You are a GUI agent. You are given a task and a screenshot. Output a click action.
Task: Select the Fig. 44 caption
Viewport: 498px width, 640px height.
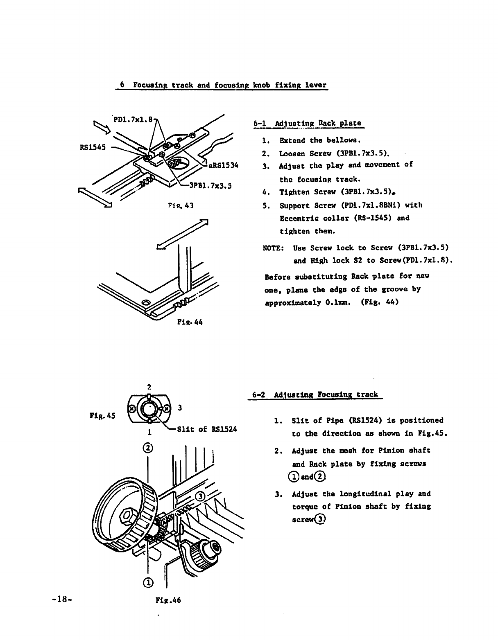pos(190,322)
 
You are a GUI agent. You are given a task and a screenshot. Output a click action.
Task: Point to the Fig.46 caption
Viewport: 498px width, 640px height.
pos(168,600)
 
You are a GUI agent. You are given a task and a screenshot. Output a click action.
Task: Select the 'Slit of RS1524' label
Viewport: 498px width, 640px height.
pos(207,429)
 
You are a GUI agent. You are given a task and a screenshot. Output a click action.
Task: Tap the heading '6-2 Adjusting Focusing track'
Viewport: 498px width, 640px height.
pos(315,395)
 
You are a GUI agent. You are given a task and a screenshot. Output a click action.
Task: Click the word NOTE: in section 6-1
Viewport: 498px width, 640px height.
pos(274,248)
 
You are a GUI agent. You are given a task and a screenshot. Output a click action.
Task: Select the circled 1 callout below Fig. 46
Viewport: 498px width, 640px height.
pos(148,582)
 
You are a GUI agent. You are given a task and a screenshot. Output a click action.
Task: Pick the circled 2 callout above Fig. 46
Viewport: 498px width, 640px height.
pos(148,448)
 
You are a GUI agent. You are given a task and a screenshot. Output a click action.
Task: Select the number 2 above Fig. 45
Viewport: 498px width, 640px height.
pos(149,386)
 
